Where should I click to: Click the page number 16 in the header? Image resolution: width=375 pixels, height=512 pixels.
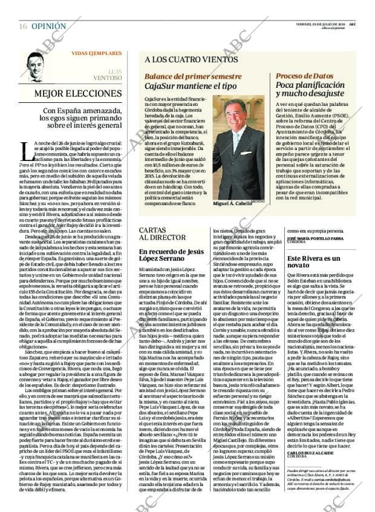point(23,26)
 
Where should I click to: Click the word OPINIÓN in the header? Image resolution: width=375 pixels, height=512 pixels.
point(48,26)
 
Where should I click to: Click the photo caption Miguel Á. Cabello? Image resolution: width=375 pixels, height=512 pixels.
point(232,204)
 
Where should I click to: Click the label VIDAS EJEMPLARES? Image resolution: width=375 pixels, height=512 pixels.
point(96,53)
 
